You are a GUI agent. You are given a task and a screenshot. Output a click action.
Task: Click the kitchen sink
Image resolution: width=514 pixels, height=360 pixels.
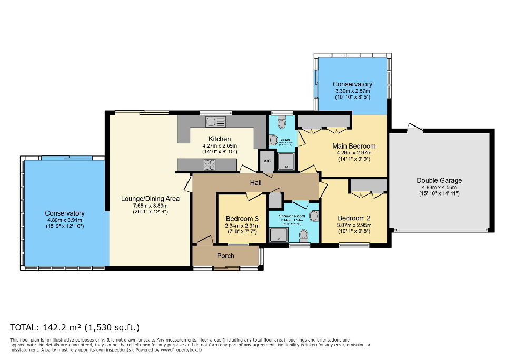216,122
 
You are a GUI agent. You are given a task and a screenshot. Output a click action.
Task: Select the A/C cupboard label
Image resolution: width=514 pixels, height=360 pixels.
267,162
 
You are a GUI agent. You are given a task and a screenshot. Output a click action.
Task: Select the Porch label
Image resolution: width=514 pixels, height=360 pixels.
226,256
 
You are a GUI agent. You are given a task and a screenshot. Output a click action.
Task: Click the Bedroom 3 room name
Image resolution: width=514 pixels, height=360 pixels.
242,219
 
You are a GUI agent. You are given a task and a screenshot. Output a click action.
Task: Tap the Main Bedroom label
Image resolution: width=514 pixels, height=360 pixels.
354,146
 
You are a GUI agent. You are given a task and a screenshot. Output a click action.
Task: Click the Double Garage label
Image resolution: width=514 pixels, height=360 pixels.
439,180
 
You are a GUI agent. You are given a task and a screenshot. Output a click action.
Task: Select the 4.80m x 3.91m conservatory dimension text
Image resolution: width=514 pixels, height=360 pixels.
64,220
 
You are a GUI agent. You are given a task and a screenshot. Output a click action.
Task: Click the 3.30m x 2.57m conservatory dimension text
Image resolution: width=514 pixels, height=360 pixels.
352,91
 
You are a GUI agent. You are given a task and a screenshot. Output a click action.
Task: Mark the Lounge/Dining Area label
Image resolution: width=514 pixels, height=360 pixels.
150,199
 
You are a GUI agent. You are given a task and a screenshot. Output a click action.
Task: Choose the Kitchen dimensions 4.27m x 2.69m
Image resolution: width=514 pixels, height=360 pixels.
220,146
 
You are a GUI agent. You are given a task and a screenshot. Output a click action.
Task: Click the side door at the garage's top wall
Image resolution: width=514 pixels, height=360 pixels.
415,128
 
